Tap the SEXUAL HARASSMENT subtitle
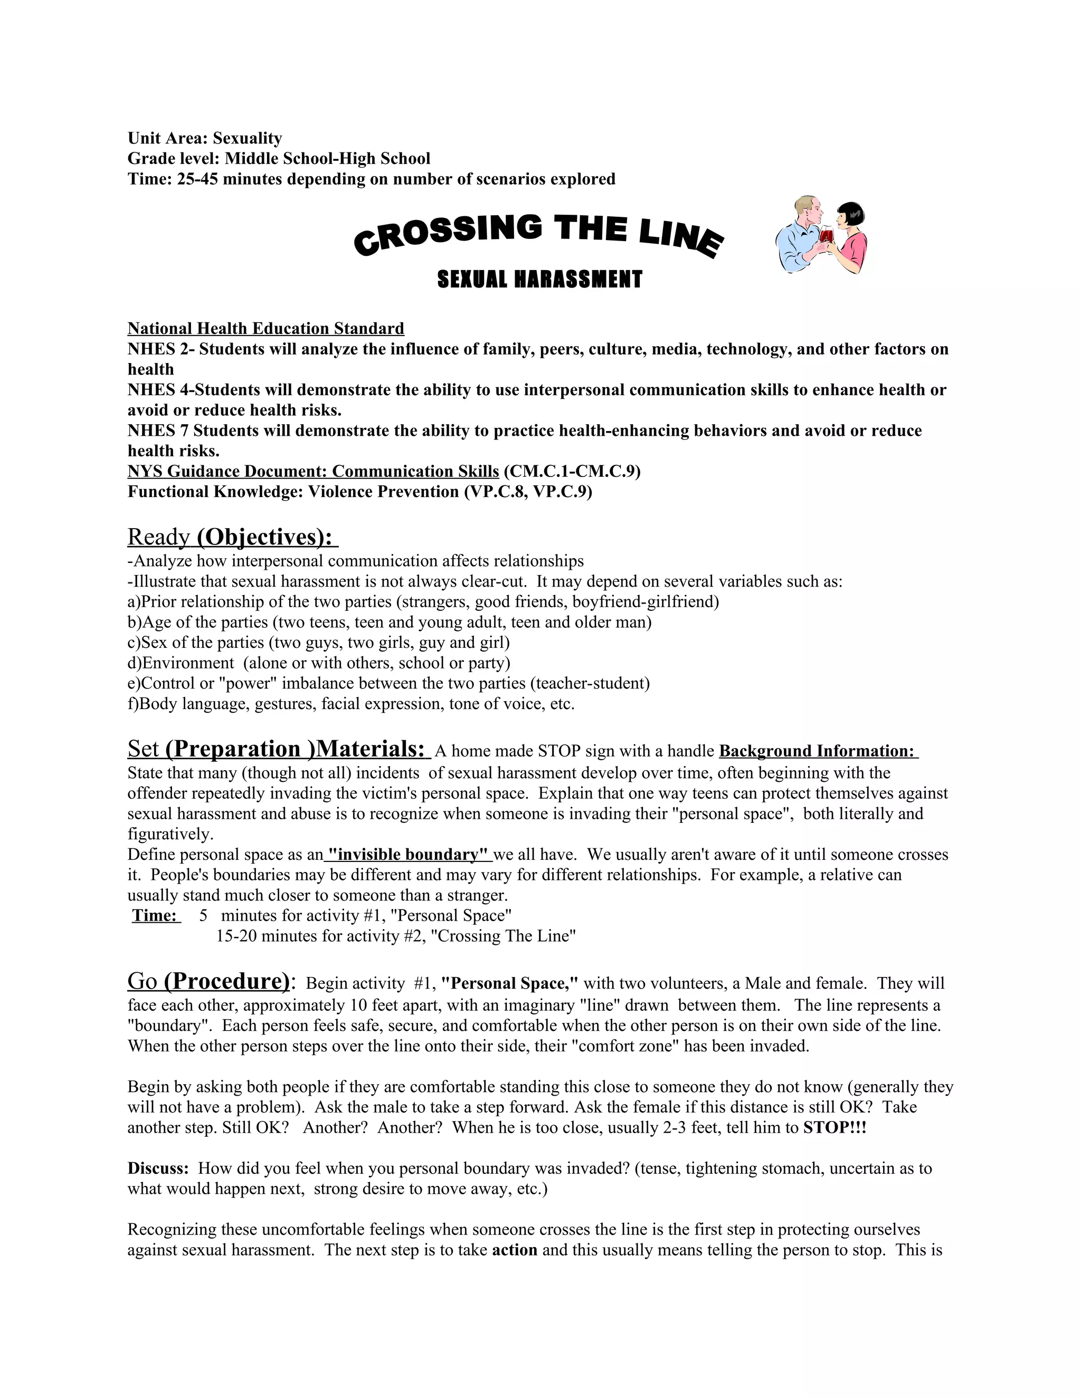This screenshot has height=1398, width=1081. pyautogui.click(x=539, y=280)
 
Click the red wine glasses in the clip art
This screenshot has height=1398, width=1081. pyautogui.click(x=827, y=236)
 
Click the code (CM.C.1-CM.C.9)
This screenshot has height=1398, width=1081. pyautogui.click(x=572, y=471)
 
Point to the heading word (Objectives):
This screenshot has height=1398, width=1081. pyautogui.click(x=267, y=537)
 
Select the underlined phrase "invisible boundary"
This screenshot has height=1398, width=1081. pyautogui.click(x=408, y=855)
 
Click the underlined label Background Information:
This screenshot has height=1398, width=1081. pyautogui.click(x=818, y=751)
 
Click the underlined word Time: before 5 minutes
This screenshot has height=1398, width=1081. pyautogui.click(x=155, y=915)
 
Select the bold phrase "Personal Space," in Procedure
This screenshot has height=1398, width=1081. pyautogui.click(x=510, y=983)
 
